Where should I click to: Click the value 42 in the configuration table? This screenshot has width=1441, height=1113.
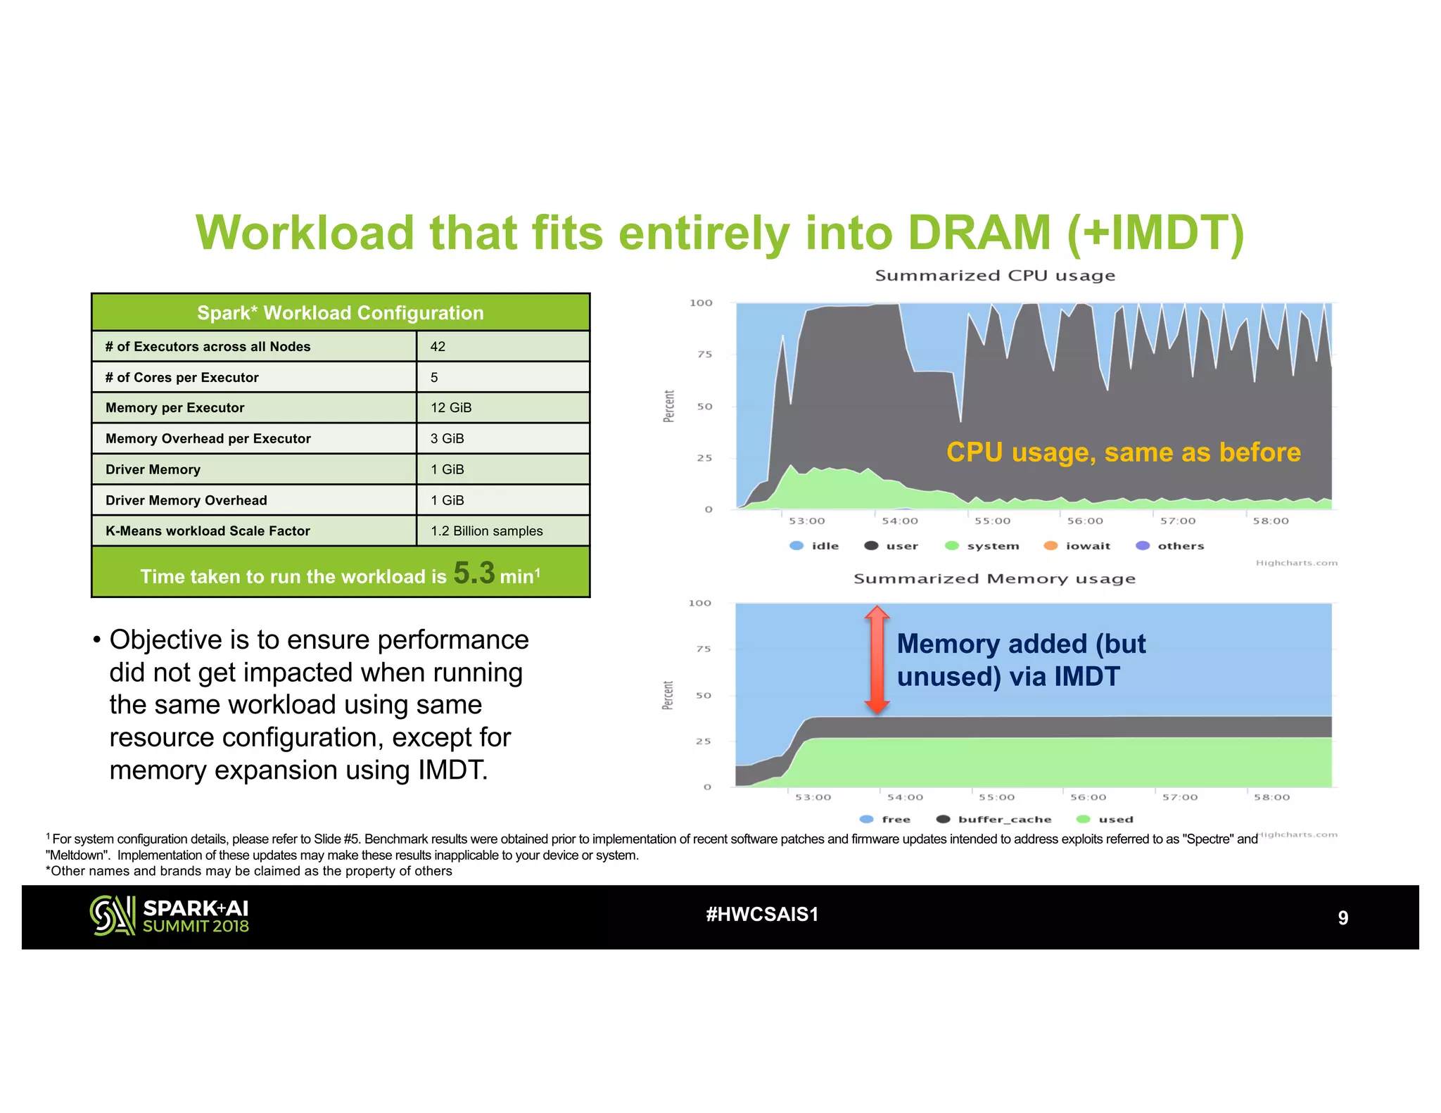click(438, 346)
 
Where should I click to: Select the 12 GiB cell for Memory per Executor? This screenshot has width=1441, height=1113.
click(451, 407)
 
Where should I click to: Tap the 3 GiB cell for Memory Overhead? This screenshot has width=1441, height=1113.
click(447, 438)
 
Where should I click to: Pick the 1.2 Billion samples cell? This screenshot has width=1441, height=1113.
click(487, 530)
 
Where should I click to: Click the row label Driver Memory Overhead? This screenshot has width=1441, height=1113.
click(186, 500)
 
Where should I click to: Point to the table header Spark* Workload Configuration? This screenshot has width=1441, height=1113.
click(341, 313)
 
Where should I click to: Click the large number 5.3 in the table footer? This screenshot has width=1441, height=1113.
click(474, 573)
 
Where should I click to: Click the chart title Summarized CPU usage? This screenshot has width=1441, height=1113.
click(995, 276)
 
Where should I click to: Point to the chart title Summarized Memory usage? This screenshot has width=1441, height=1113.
click(994, 579)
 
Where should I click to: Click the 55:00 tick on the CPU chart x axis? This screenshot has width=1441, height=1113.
click(992, 521)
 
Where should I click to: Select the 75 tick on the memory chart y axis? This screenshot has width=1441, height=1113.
click(704, 649)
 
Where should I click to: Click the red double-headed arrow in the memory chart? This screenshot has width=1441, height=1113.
click(877, 660)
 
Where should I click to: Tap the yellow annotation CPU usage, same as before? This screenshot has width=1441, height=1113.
click(1123, 452)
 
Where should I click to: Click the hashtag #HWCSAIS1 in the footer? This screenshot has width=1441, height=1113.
click(762, 915)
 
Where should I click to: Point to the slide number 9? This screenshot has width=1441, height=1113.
click(1342, 917)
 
